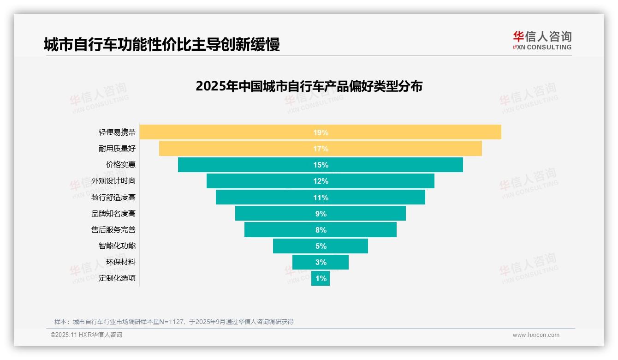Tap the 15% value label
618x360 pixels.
click(321, 165)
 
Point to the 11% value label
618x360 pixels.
click(321, 198)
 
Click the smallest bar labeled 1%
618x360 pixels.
click(321, 278)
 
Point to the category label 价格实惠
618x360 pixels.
click(121, 164)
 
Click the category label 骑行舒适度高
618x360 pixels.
click(113, 197)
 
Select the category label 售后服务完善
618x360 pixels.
click(113, 229)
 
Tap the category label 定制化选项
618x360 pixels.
click(117, 278)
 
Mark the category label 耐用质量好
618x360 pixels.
click(117, 148)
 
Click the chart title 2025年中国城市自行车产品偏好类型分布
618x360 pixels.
click(309, 86)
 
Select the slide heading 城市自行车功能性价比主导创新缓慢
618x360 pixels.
click(162, 45)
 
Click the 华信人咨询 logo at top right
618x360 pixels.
click(542, 40)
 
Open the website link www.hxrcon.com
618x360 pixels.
click(536, 335)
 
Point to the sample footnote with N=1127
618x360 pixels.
click(174, 322)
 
